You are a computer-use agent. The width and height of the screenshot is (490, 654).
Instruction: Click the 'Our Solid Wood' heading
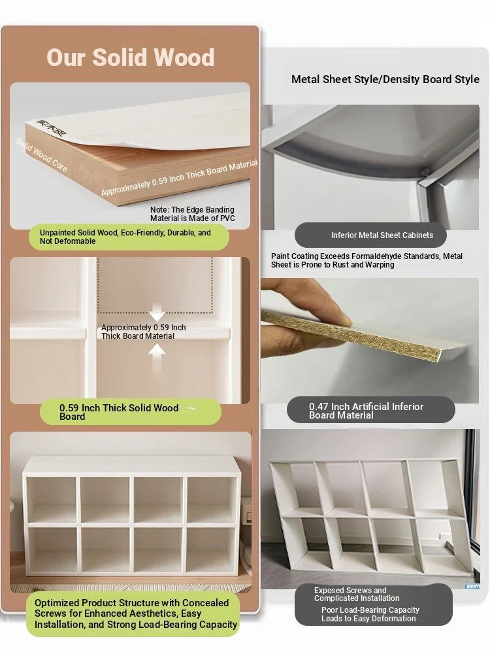[131, 57]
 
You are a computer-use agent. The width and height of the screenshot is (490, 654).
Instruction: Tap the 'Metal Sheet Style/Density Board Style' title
[385, 79]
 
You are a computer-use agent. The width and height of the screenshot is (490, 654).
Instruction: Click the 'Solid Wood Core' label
[42, 155]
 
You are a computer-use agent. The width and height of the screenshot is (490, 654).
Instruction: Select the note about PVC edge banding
[193, 214]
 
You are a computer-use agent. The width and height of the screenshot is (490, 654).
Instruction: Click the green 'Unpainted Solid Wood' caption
[129, 237]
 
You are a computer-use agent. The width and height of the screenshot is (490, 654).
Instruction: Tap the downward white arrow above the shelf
[157, 313]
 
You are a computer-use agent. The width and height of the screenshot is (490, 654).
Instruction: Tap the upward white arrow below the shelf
[157, 358]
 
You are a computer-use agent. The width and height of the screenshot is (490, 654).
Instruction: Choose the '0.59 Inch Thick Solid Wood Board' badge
[131, 412]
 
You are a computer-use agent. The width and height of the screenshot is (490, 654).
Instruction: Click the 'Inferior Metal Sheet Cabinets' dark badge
[370, 235]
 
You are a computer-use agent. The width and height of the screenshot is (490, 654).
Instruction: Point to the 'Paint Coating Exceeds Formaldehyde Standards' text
[367, 260]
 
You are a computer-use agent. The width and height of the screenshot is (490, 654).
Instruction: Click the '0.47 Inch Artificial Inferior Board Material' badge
[371, 411]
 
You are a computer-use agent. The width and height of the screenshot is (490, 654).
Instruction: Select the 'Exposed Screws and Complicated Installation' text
[357, 594]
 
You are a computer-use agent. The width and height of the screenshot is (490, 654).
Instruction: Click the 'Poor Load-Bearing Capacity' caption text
[370, 614]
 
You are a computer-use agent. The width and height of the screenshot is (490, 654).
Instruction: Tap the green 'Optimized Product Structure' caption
[133, 613]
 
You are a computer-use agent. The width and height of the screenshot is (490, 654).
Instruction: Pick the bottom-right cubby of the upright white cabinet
[211, 550]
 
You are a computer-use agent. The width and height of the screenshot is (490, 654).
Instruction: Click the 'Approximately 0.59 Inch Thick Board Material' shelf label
[143, 332]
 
